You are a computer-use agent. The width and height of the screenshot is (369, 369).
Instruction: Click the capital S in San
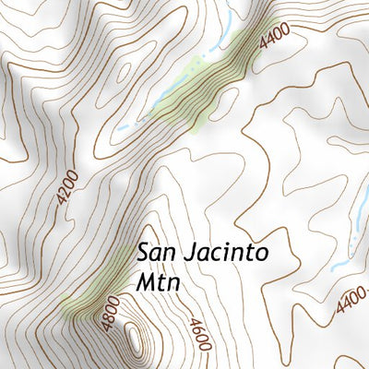click(x=144, y=251)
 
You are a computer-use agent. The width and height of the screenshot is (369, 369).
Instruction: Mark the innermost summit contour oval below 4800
click(x=137, y=339)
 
